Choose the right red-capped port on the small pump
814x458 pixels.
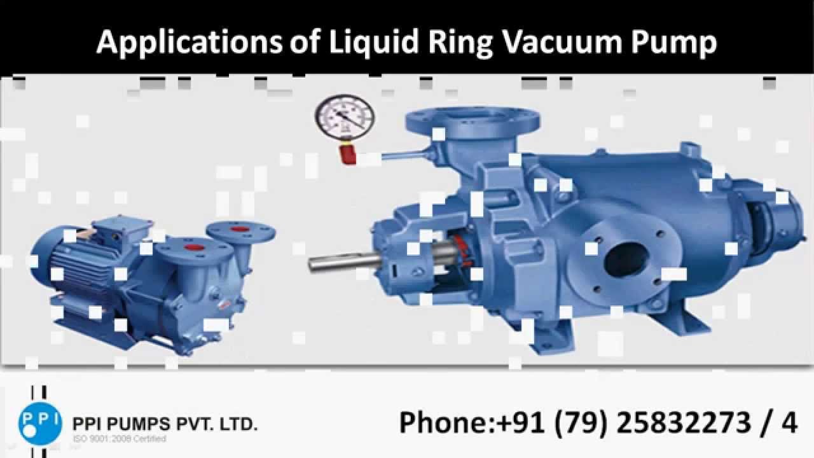[x=240, y=229]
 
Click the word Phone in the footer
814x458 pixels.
[x=443, y=422]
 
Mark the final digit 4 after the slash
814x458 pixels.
[x=789, y=422]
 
